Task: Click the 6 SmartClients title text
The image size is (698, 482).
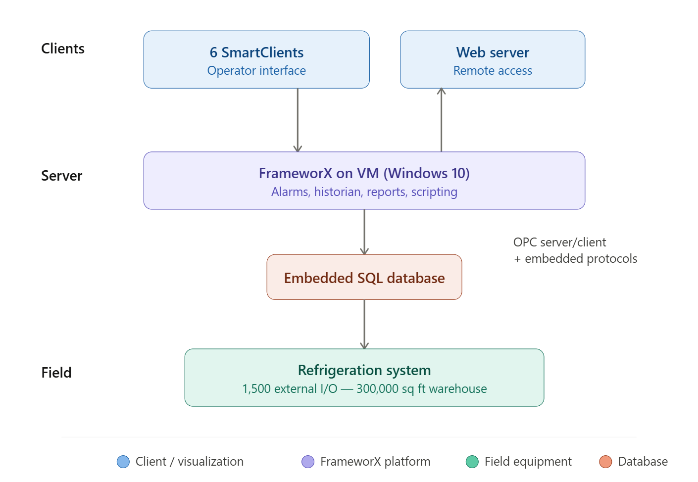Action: pyautogui.click(x=256, y=52)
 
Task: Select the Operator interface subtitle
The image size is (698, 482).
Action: pyautogui.click(x=256, y=71)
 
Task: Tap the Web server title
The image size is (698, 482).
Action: pyautogui.click(x=493, y=52)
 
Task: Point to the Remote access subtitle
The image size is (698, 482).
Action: pyautogui.click(x=493, y=71)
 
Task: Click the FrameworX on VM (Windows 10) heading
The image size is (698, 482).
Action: pyautogui.click(x=364, y=173)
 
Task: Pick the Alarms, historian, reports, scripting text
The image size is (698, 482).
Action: pyautogui.click(x=364, y=192)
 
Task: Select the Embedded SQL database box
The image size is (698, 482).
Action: pyautogui.click(x=364, y=278)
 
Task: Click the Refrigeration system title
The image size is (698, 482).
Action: pyautogui.click(x=364, y=370)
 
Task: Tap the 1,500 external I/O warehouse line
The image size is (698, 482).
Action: pyautogui.click(x=364, y=389)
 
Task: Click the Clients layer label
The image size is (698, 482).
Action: pyautogui.click(x=63, y=48)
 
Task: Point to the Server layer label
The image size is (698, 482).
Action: pyautogui.click(x=62, y=176)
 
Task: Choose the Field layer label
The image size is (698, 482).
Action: pyautogui.click(x=56, y=373)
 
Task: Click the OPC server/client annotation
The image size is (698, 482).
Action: pyautogui.click(x=559, y=242)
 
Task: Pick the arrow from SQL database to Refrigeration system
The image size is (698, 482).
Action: pyautogui.click(x=364, y=324)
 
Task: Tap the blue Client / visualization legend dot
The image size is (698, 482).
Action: pyautogui.click(x=123, y=462)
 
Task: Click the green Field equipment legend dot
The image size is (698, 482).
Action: pyautogui.click(x=472, y=462)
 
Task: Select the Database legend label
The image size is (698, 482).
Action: pyautogui.click(x=643, y=462)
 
